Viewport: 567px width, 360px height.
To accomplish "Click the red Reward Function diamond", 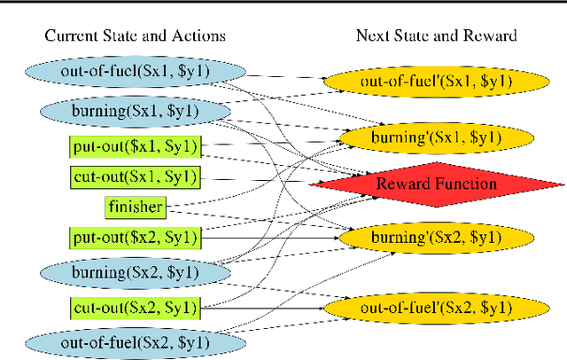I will point(437,184).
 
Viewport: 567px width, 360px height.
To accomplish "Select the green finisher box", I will point(136,208).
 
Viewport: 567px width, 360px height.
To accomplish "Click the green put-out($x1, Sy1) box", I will point(136,146).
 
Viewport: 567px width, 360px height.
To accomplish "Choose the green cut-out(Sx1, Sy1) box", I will point(136,176).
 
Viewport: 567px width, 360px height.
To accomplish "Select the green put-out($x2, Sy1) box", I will point(136,238).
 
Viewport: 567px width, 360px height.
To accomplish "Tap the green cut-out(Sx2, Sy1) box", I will point(136,307).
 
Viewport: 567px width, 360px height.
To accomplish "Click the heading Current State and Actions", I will point(134,35).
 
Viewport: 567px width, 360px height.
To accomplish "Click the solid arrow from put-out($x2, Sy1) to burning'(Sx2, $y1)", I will point(266,238).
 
